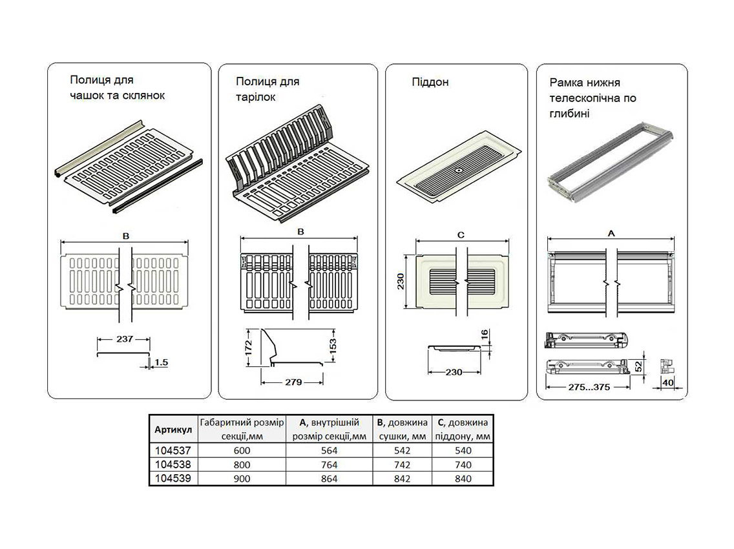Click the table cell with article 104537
(x=173, y=450)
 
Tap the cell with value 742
(x=402, y=464)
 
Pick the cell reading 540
(x=463, y=450)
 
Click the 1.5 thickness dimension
(x=160, y=363)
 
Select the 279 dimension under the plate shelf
(x=293, y=382)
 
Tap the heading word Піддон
(x=430, y=82)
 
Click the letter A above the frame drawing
(x=611, y=232)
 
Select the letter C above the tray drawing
(x=461, y=235)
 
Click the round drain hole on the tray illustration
(x=457, y=171)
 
